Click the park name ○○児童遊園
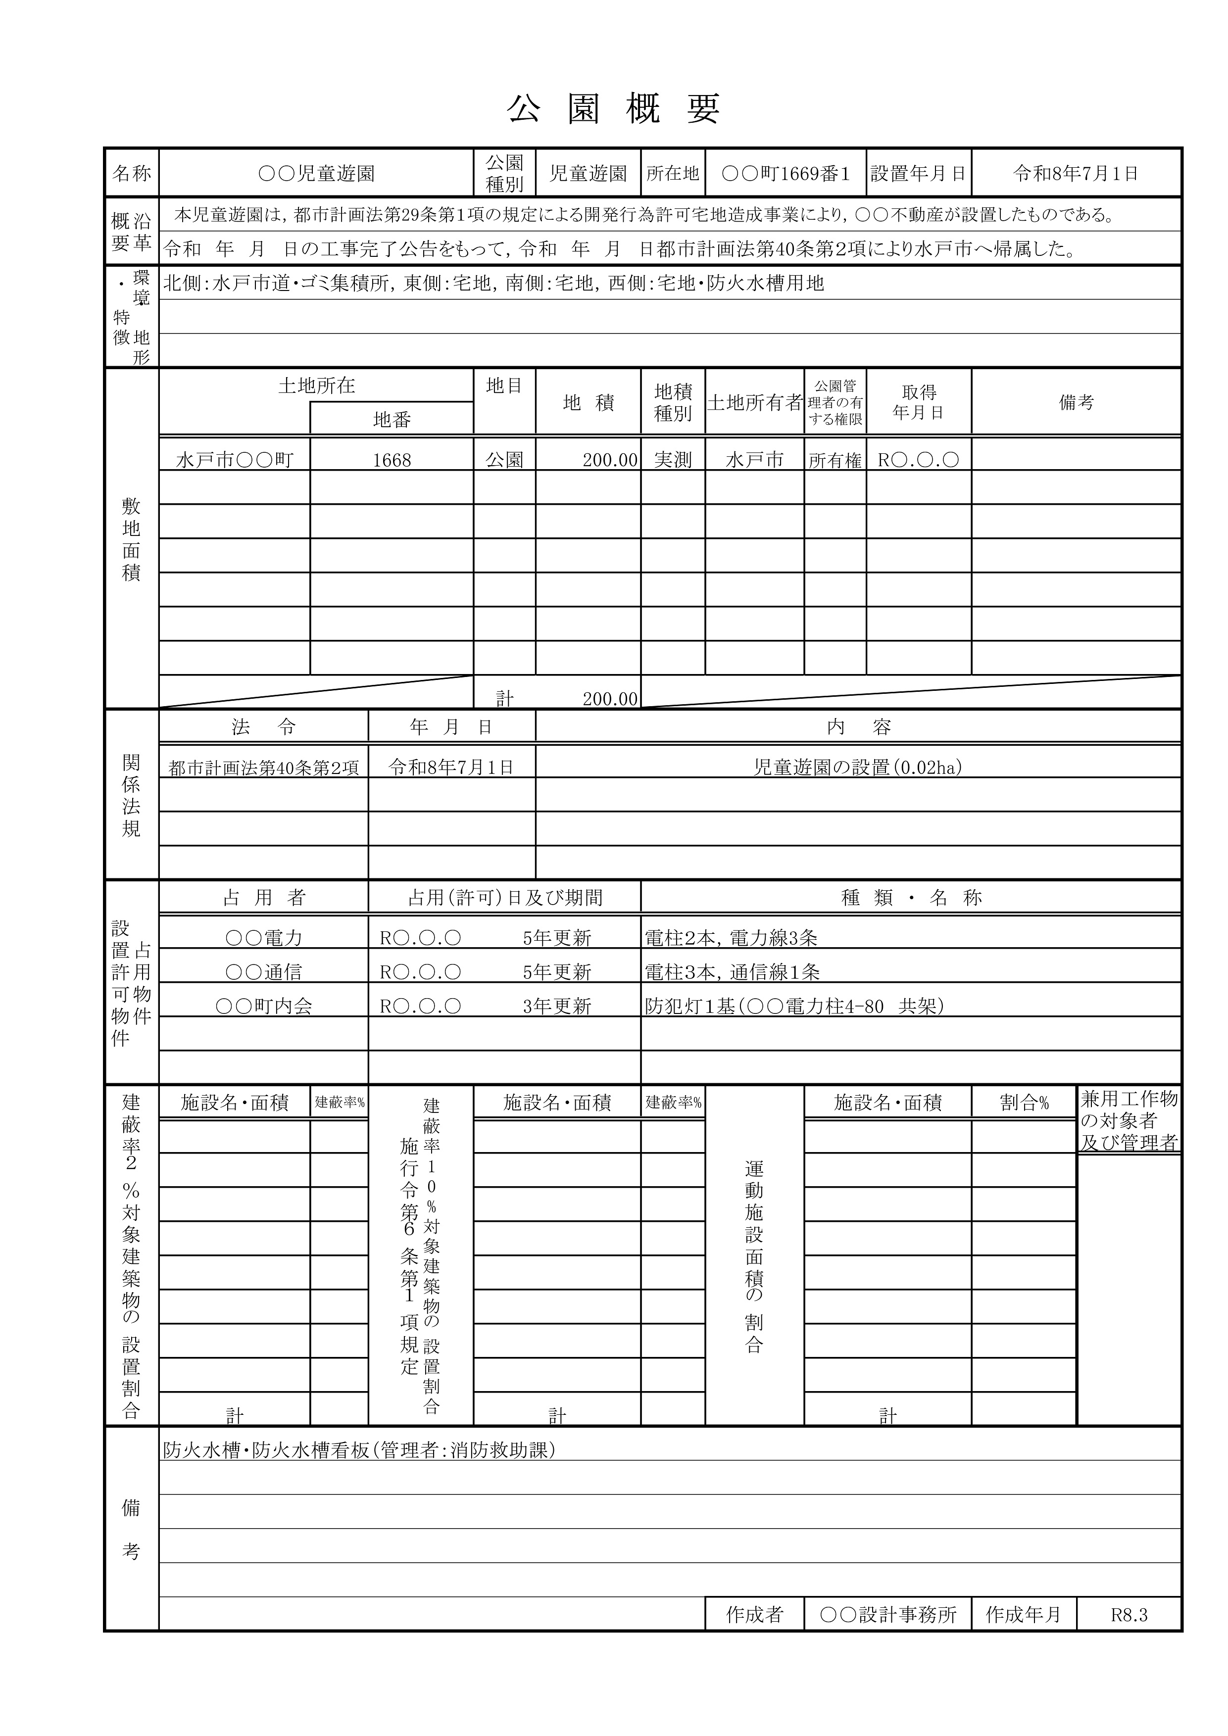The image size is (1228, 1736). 316,174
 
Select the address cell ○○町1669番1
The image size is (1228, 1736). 785,174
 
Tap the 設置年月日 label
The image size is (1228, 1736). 918,174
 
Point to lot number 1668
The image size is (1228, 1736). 392,460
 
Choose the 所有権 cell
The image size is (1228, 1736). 835,460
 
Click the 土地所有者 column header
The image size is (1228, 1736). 754,403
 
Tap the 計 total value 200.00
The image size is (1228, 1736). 609,699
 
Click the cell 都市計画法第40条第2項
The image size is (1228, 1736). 263,768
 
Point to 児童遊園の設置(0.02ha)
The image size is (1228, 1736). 857,768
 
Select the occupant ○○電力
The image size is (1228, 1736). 263,938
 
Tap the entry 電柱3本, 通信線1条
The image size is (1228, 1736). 732,972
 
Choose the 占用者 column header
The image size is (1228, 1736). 263,898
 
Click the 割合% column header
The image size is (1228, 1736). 1024,1103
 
